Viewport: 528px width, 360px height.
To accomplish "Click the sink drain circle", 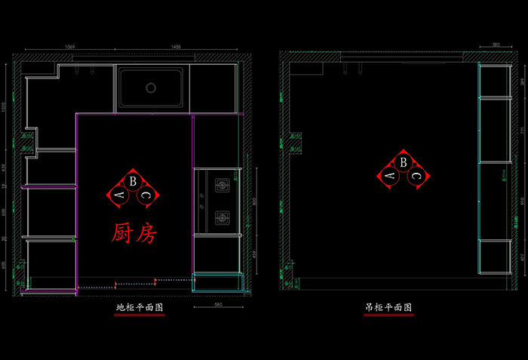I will pyautogui.click(x=151, y=88).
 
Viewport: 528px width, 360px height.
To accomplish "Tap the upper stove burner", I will pyautogui.click(x=222, y=183).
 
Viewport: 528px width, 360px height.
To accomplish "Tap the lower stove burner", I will pyautogui.click(x=222, y=219).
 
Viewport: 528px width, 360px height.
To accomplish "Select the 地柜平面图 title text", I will pyautogui.click(x=140, y=309).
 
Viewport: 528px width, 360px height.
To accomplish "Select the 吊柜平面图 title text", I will pyautogui.click(x=388, y=309).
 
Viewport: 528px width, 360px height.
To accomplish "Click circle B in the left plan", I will pyautogui.click(x=133, y=181).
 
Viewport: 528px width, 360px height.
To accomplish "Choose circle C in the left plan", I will pyautogui.click(x=146, y=195).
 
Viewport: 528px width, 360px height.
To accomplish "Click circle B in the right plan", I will pyautogui.click(x=404, y=162).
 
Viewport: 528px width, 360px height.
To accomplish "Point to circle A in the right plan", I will pyautogui.click(x=390, y=176).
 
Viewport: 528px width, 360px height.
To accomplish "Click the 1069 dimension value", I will pyautogui.click(x=70, y=47).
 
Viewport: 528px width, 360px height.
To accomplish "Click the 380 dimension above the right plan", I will pyautogui.click(x=496, y=45).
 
